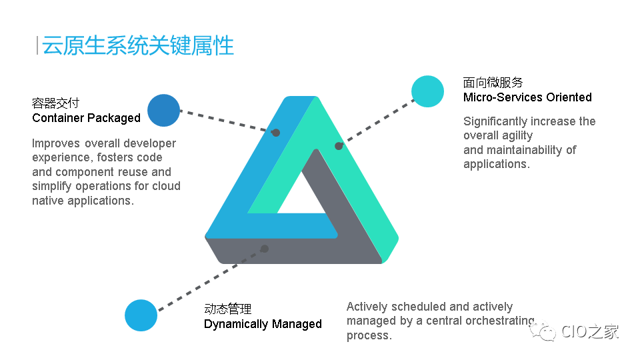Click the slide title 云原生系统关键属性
(138, 45)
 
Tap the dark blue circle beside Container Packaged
(164, 110)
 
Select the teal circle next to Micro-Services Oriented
(427, 91)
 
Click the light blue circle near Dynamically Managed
(141, 315)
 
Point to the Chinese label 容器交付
(55, 103)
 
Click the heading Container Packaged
(86, 118)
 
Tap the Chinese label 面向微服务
(493, 83)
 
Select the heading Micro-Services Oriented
(527, 97)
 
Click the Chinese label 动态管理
(228, 309)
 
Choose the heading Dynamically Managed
(263, 324)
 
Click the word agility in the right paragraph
(517, 135)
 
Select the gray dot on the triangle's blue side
(276, 133)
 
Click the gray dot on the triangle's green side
(339, 146)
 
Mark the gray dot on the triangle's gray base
(265, 249)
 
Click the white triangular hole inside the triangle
(301, 199)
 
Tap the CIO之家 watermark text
(590, 331)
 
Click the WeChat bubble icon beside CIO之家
(543, 331)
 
